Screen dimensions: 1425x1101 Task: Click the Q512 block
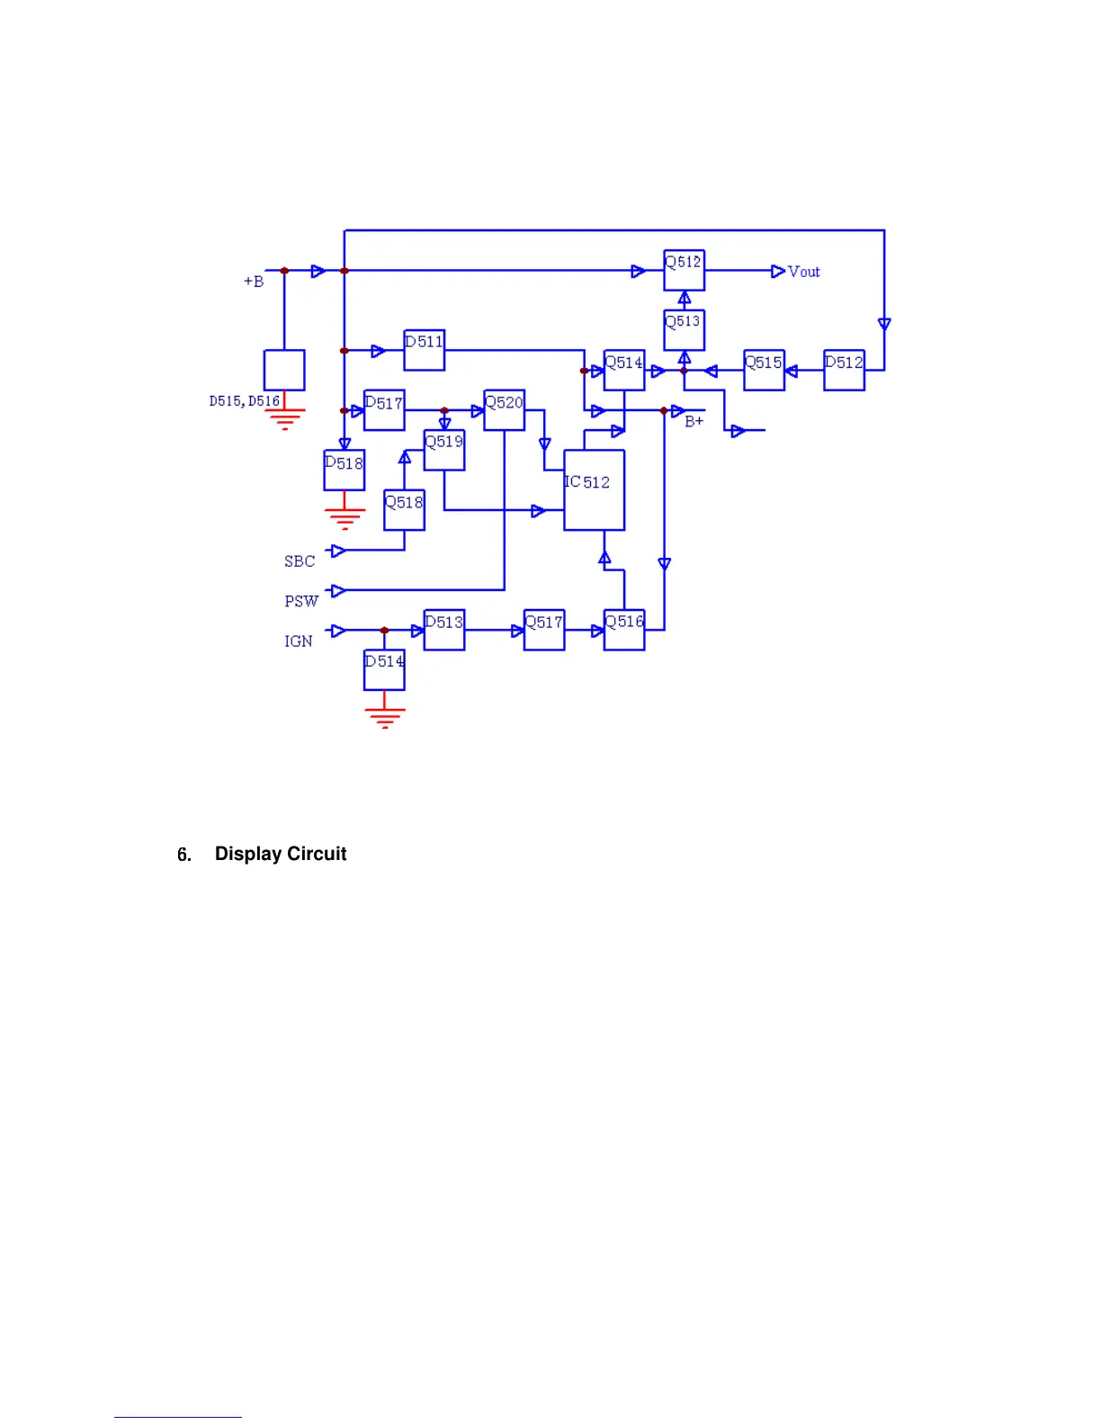click(x=684, y=271)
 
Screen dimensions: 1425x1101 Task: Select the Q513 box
click(x=684, y=330)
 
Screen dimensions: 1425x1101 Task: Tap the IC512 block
click(x=594, y=490)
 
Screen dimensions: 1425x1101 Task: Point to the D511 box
click(x=424, y=350)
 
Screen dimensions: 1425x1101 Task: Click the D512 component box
click(x=844, y=370)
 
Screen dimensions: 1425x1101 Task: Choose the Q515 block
click(x=764, y=370)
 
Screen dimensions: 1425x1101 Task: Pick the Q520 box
click(x=504, y=410)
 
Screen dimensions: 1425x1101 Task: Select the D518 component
click(x=344, y=471)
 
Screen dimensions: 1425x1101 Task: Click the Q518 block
click(x=404, y=510)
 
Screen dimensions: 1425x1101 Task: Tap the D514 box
click(x=384, y=670)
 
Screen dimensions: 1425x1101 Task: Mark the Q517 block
click(x=544, y=630)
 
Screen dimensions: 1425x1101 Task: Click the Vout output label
click(x=803, y=272)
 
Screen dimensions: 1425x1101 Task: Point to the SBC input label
click(x=300, y=561)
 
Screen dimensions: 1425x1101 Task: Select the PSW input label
click(x=301, y=601)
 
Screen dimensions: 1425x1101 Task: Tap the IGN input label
click(x=299, y=641)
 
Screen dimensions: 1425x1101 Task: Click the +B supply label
click(x=254, y=282)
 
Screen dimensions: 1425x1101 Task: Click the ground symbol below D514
click(x=384, y=717)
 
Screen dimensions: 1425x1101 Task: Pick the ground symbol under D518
click(x=345, y=518)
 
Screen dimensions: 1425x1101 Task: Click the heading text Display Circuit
click(x=281, y=854)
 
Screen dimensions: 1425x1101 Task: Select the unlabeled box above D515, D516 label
click(x=284, y=370)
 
